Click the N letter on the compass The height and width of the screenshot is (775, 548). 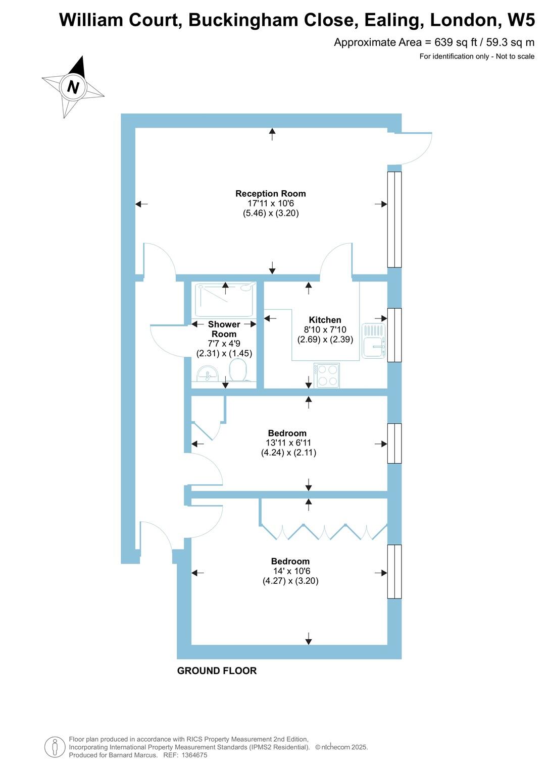(73, 87)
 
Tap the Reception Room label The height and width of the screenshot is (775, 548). (271, 194)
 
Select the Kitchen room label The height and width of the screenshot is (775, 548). (325, 320)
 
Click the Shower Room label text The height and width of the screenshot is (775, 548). (224, 329)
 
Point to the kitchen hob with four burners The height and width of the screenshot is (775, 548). (327, 375)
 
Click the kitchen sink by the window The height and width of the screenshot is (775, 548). (374, 342)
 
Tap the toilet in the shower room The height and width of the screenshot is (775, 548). (237, 371)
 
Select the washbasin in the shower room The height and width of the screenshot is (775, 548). (207, 374)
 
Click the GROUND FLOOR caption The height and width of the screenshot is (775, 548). (217, 671)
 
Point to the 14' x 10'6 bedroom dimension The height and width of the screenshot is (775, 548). (291, 571)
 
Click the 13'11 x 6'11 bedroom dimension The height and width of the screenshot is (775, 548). (288, 443)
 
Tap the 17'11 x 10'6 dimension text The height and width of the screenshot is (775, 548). (271, 203)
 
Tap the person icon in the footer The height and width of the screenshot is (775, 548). (55, 747)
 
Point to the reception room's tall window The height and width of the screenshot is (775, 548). (394, 219)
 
